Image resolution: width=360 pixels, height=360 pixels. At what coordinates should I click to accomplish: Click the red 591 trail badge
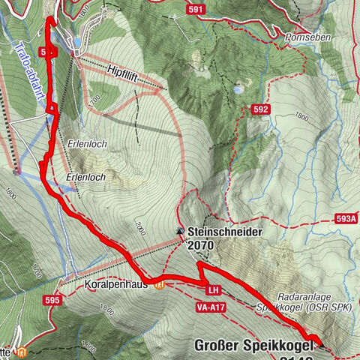[x=196, y=9]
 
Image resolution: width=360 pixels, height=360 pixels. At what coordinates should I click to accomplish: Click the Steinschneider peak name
[x=225, y=232]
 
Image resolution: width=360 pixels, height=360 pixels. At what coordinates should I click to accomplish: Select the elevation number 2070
[x=202, y=245]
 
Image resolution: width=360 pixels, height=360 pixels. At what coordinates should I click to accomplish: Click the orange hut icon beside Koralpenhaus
[x=158, y=284]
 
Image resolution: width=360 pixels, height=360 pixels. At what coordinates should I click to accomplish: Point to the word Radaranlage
[x=303, y=295]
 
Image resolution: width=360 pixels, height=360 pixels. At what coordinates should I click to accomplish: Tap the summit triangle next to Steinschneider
[x=180, y=232]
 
